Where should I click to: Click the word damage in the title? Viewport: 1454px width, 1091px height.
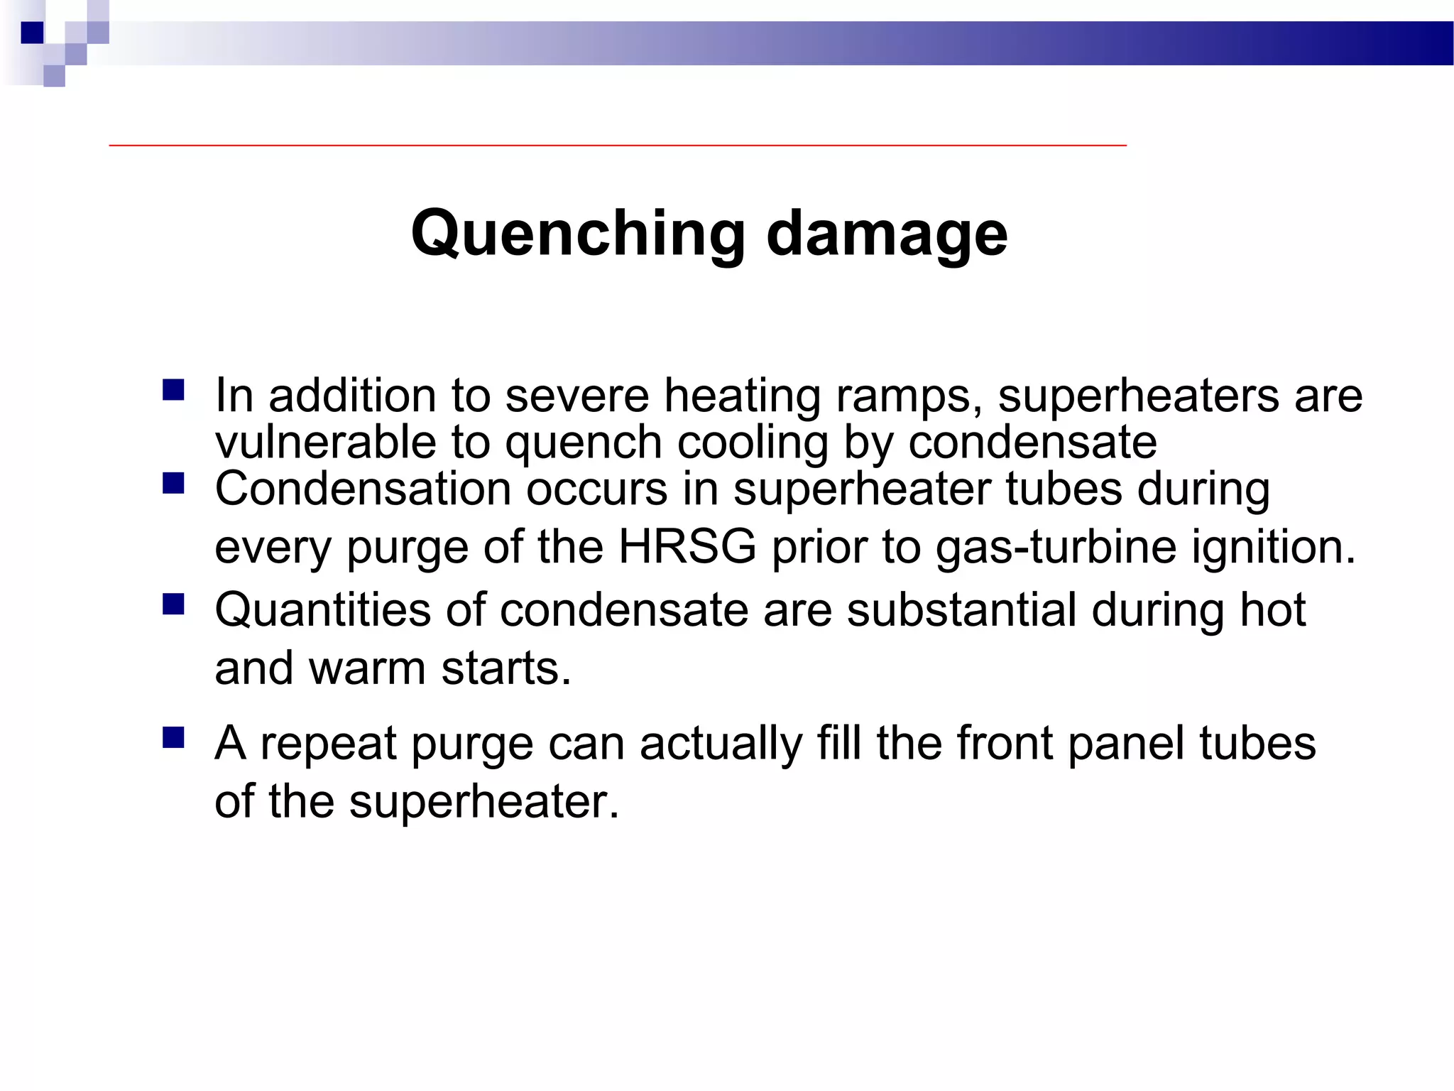(x=887, y=234)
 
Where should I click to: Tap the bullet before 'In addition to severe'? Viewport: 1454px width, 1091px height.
(x=173, y=390)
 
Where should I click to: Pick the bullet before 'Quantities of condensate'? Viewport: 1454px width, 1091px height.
(x=173, y=604)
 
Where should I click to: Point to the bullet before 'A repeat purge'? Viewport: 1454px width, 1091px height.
(x=173, y=737)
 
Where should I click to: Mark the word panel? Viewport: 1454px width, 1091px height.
(x=1125, y=743)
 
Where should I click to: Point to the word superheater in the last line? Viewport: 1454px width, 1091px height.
(x=483, y=801)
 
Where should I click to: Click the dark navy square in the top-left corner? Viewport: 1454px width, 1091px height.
(x=32, y=33)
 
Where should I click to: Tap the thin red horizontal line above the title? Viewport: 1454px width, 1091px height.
(x=618, y=145)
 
